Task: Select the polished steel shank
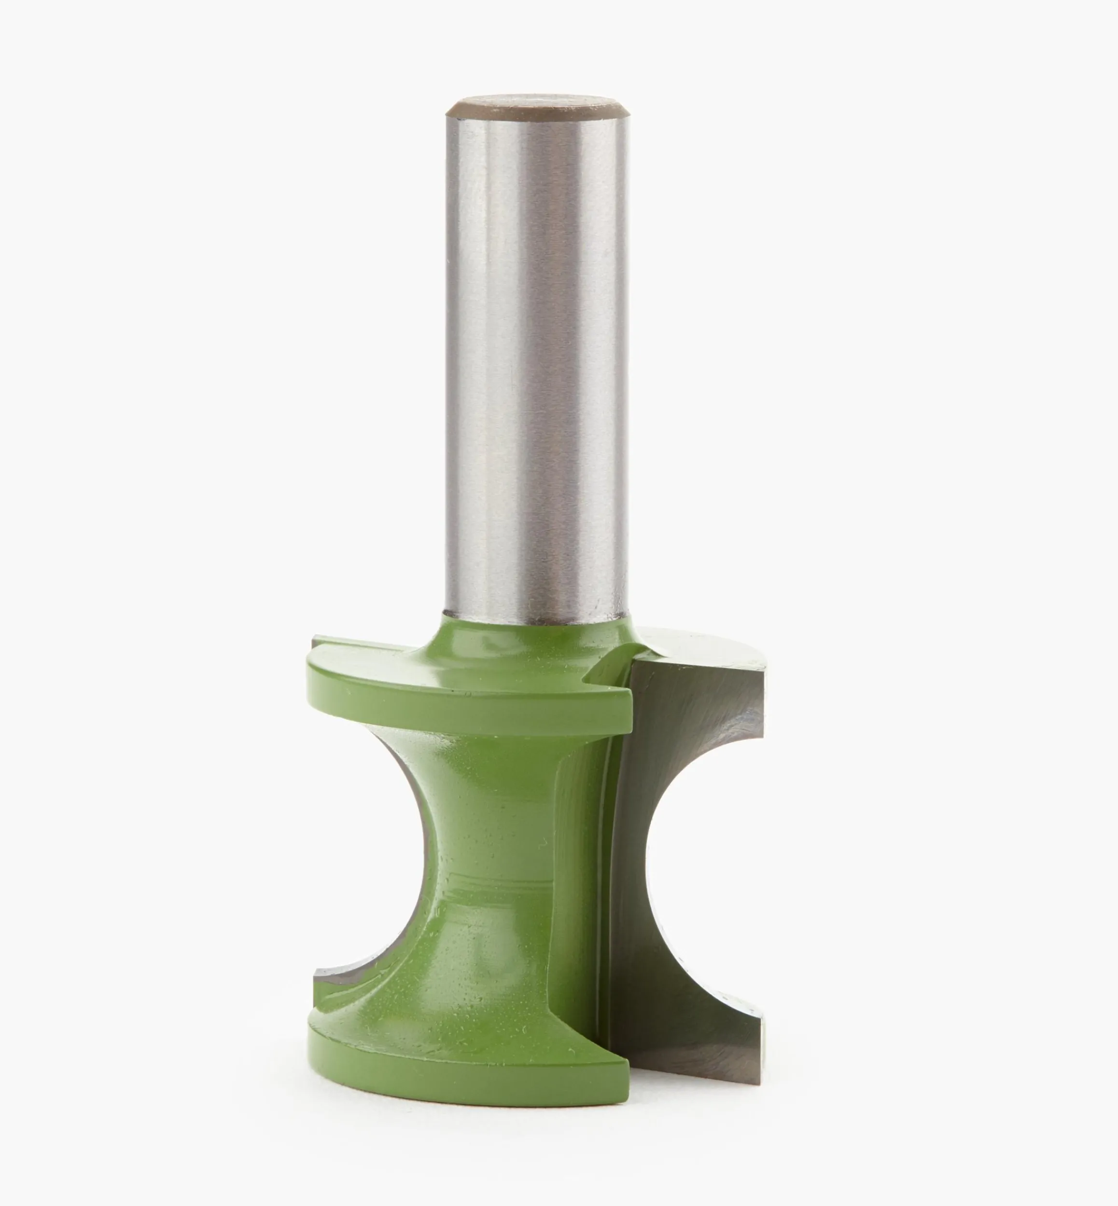click(x=536, y=363)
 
